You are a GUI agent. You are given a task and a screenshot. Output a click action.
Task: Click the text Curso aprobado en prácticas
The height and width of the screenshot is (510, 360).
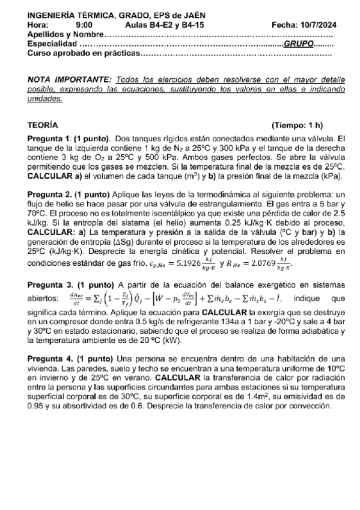click(x=82, y=54)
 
